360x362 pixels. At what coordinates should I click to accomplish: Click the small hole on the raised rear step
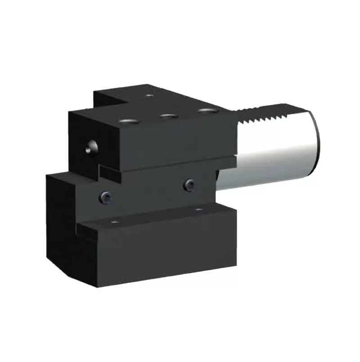pyautogui.click(x=149, y=95)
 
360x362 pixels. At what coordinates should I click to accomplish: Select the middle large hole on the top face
pyautogui.click(x=168, y=116)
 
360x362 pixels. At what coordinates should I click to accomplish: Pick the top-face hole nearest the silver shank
pyautogui.click(x=207, y=110)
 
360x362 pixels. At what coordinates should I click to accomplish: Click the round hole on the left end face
pyautogui.click(x=92, y=147)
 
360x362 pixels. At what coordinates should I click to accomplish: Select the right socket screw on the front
pyautogui.click(x=189, y=184)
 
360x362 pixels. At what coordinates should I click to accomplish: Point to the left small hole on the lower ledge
pyautogui.click(x=114, y=222)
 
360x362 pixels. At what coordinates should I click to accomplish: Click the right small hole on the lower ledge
pyautogui.click(x=198, y=210)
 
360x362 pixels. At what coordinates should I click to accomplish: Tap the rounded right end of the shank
pyautogui.click(x=315, y=139)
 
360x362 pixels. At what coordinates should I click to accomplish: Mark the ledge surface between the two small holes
pyautogui.click(x=157, y=216)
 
